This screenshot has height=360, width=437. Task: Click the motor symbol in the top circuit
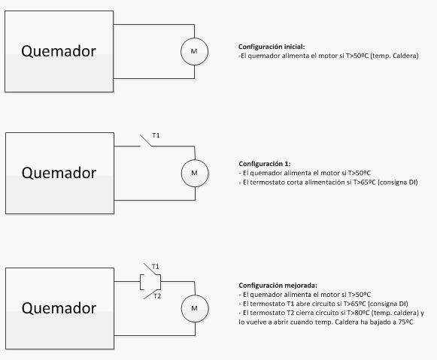click(x=194, y=52)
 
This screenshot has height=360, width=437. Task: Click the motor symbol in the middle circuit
click(x=195, y=173)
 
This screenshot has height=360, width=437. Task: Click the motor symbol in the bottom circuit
click(x=195, y=308)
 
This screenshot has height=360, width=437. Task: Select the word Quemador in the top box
click(x=59, y=52)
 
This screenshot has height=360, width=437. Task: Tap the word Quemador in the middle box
click(x=59, y=173)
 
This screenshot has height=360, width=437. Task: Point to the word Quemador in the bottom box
click(x=59, y=308)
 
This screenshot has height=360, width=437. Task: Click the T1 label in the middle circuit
click(x=156, y=135)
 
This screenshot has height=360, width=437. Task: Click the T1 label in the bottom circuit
click(x=155, y=267)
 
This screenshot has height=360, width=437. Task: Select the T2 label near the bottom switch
click(x=157, y=296)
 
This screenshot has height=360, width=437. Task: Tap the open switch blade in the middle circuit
click(x=146, y=141)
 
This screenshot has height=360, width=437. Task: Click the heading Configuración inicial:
click(x=272, y=47)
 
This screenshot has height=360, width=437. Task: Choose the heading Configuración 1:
click(x=265, y=164)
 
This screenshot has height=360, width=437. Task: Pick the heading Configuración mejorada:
click(x=278, y=286)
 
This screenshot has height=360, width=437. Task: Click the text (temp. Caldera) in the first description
click(x=394, y=56)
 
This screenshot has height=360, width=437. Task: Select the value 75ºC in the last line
click(x=405, y=322)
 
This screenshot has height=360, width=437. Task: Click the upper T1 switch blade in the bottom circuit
click(x=152, y=269)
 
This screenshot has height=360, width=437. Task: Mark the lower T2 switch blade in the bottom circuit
click(x=152, y=294)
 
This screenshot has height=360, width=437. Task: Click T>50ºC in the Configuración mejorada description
click(x=360, y=295)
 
